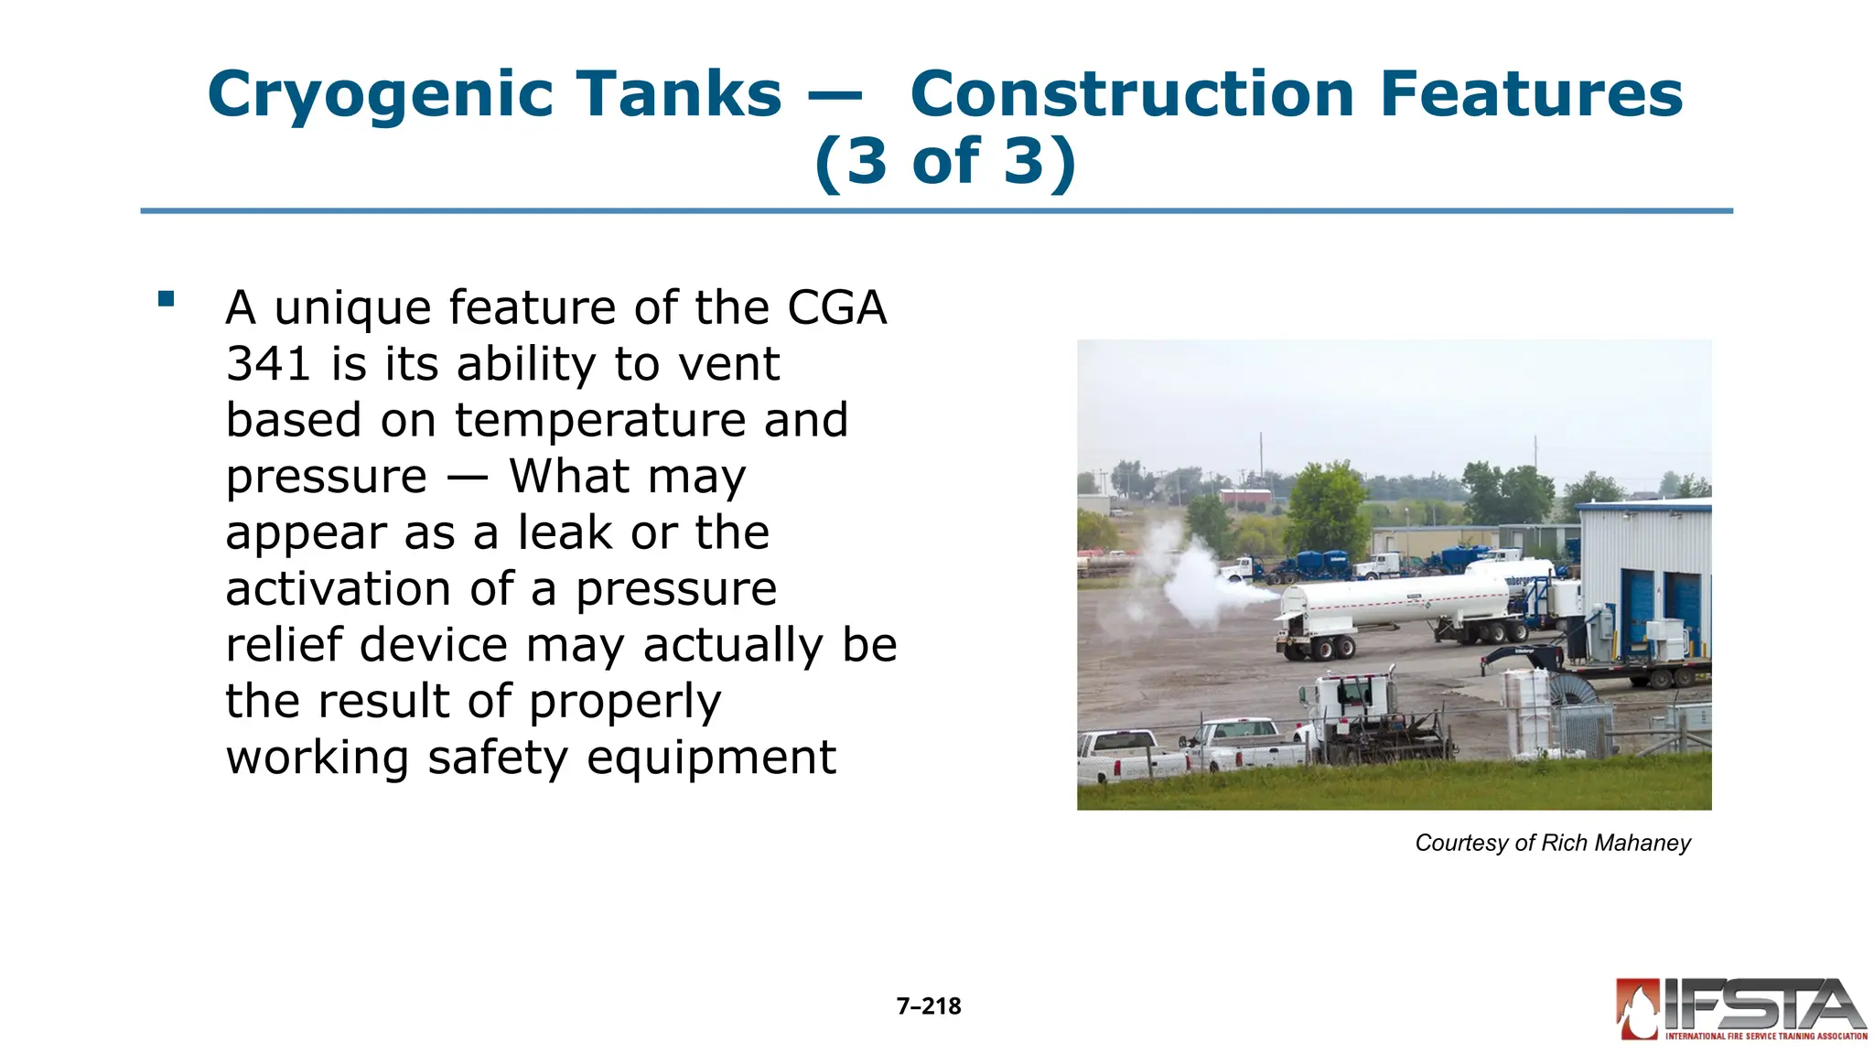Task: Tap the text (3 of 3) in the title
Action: point(945,162)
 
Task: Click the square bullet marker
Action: point(166,298)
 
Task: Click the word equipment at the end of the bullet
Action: point(711,758)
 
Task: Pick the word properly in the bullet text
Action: point(625,702)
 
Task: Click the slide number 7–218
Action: point(929,1006)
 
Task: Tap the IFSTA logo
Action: point(1740,1009)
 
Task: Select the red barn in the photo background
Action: point(1245,498)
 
